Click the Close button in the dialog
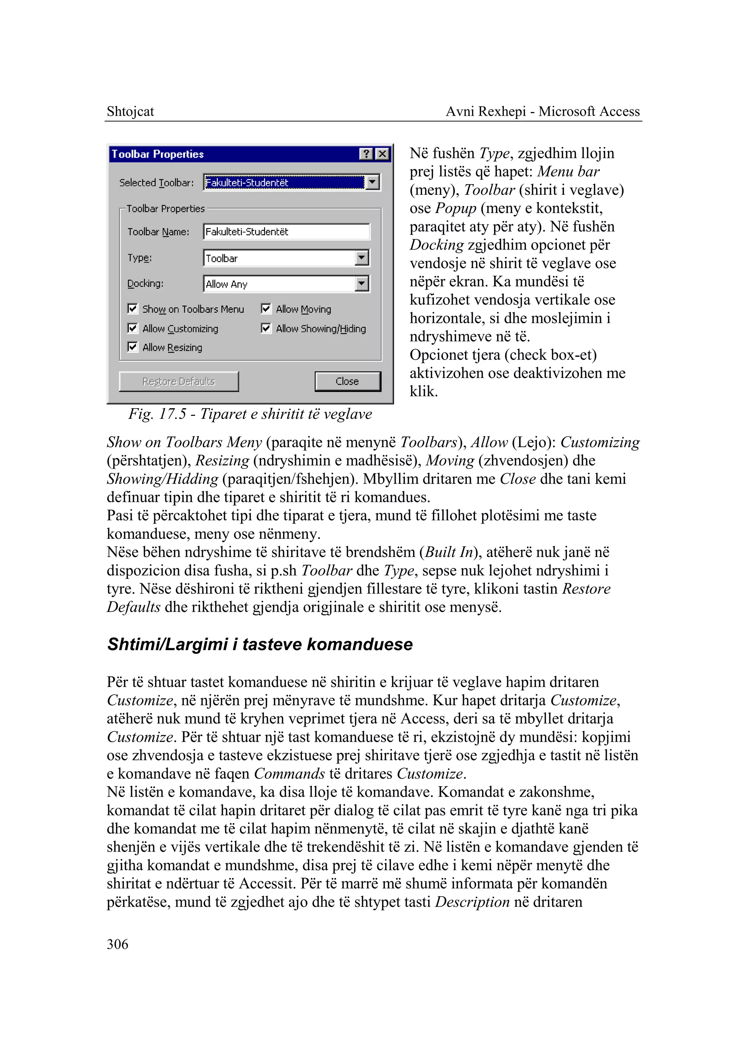pyautogui.click(x=347, y=382)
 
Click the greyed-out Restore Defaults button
pyautogui.click(x=178, y=382)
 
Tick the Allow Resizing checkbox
pyautogui.click(x=132, y=347)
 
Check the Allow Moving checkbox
pyautogui.click(x=266, y=308)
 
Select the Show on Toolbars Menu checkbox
pyautogui.click(x=132, y=308)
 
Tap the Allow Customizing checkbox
pyautogui.click(x=132, y=328)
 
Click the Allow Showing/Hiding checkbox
pyautogui.click(x=266, y=328)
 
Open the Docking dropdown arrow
pyautogui.click(x=362, y=283)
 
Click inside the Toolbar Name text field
pyautogui.click(x=286, y=231)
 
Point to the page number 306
pyautogui.click(x=117, y=944)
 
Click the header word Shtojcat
pyautogui.click(x=130, y=111)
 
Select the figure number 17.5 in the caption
pyautogui.click(x=173, y=414)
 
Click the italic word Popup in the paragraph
pyautogui.click(x=455, y=208)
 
